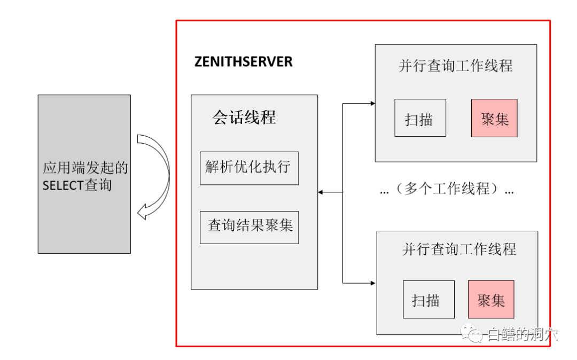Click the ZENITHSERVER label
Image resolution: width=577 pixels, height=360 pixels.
pyautogui.click(x=243, y=62)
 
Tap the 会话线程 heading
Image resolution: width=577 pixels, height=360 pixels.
pyautogui.click(x=244, y=118)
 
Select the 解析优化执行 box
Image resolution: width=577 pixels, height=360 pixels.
pyautogui.click(x=249, y=168)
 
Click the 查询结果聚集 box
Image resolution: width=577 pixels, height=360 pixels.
pyautogui.click(x=249, y=226)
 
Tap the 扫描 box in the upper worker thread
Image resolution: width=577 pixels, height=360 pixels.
pyautogui.click(x=420, y=118)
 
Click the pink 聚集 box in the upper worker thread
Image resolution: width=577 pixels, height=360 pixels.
pyautogui.click(x=494, y=118)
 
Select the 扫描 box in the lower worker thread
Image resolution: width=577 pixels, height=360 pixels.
pyautogui.click(x=428, y=299)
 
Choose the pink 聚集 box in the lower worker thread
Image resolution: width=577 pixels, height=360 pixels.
pyautogui.click(x=490, y=299)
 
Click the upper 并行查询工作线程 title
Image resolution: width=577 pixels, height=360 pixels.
pyautogui.click(x=455, y=66)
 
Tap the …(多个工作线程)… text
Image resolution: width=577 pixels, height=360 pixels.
pyautogui.click(x=447, y=189)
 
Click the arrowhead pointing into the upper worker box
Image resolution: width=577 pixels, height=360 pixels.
pyautogui.click(x=372, y=103)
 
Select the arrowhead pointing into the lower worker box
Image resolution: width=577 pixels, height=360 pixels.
pyautogui.click(x=373, y=282)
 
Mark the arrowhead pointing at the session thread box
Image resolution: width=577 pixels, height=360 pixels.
pyautogui.click(x=321, y=192)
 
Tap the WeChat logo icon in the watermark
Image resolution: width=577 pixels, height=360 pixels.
pyautogui.click(x=473, y=334)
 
